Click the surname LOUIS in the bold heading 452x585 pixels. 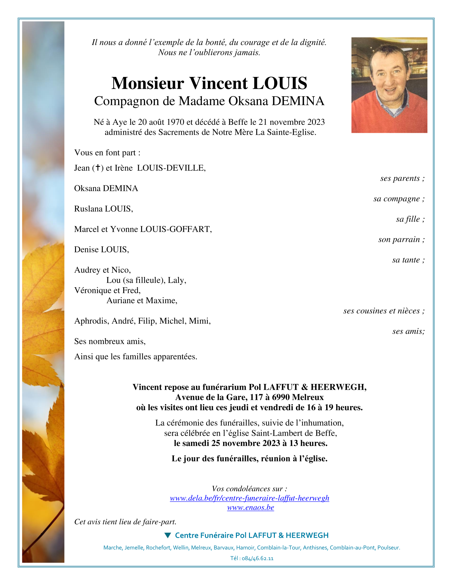click(x=280, y=83)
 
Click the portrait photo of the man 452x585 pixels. click(x=389, y=85)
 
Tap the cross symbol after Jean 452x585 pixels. click(x=98, y=168)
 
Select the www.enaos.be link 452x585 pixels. click(x=251, y=507)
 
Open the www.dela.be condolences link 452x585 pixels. click(x=249, y=498)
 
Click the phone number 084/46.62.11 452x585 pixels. click(x=258, y=558)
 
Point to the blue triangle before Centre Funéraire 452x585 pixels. click(x=168, y=535)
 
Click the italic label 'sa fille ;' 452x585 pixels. click(x=410, y=219)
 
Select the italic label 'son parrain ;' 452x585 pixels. click(x=401, y=239)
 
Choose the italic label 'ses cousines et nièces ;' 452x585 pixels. click(x=384, y=311)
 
